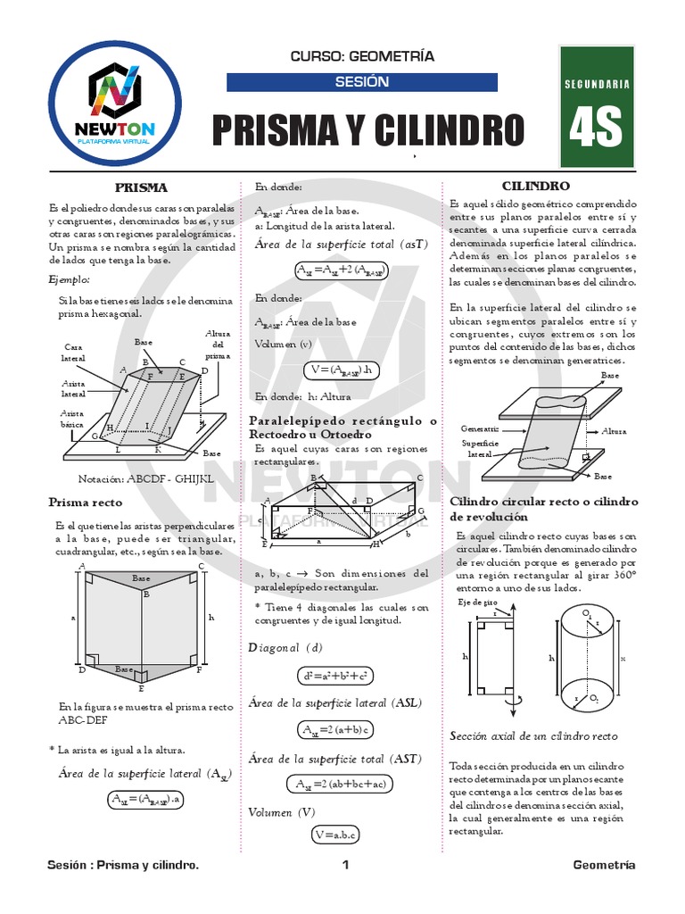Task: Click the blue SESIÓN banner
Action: [x=362, y=82]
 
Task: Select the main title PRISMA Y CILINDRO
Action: [x=368, y=130]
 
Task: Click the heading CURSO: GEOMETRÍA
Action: [x=362, y=56]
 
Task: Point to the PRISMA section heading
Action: [x=142, y=187]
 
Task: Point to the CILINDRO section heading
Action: [x=535, y=187]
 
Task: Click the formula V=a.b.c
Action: [x=334, y=835]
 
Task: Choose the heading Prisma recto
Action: [x=86, y=503]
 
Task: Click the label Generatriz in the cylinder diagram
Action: [x=480, y=428]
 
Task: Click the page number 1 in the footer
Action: [x=345, y=865]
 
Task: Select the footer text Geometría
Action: [x=604, y=865]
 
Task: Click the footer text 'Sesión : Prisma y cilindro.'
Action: [x=123, y=865]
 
